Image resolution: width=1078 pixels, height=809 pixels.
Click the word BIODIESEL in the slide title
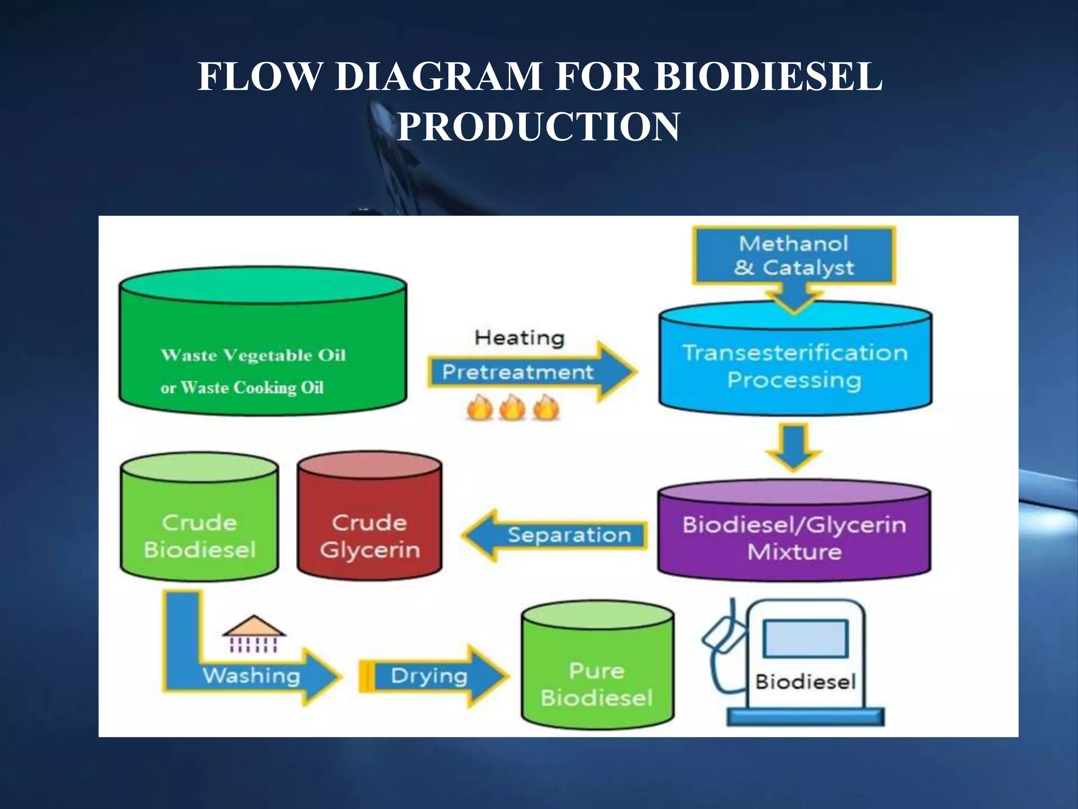tap(768, 76)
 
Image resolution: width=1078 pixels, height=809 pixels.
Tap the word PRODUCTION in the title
tap(538, 126)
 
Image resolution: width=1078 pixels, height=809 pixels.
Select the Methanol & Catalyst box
tap(794, 256)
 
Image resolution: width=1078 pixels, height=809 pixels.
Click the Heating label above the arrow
tap(519, 338)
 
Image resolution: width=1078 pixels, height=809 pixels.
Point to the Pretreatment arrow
tap(518, 372)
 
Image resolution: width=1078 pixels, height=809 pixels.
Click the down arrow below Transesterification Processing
tap(794, 447)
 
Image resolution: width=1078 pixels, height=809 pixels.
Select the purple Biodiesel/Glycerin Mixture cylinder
tap(794, 537)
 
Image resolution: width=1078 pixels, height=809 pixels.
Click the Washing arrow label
tap(252, 675)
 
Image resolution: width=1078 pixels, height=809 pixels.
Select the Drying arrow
tap(429, 675)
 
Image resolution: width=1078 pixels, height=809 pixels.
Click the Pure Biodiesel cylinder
tap(597, 679)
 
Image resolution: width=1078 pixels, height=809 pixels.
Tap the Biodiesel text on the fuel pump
tap(805, 682)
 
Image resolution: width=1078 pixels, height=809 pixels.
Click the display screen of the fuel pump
tap(805, 638)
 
